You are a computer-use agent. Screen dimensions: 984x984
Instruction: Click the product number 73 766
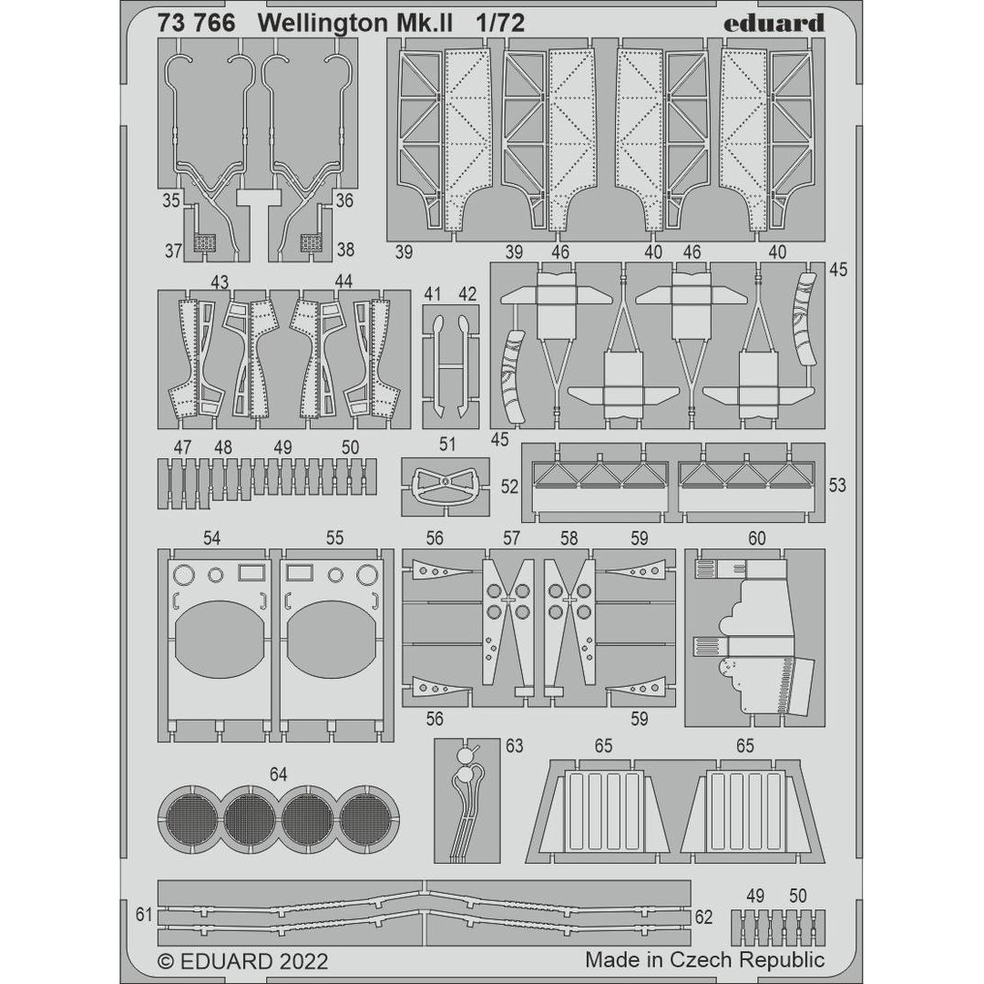click(196, 24)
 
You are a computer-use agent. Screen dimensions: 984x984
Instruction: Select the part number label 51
click(447, 445)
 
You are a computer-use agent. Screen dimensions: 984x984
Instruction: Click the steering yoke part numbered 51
click(444, 483)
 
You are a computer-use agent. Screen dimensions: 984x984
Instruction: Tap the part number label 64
click(278, 774)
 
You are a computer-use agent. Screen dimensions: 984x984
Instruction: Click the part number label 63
click(514, 746)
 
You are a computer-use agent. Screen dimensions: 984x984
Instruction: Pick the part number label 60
click(756, 538)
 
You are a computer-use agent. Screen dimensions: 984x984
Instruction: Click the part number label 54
click(211, 538)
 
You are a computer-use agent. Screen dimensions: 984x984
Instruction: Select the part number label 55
click(334, 538)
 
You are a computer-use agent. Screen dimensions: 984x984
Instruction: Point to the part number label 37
click(171, 249)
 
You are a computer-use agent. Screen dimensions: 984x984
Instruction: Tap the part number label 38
click(344, 249)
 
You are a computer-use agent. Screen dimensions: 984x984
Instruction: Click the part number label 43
click(219, 282)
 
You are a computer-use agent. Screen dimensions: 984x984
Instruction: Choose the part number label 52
click(509, 487)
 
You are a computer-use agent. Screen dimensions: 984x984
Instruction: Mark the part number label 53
click(836, 486)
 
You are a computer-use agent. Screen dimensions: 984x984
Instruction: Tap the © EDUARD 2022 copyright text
click(242, 961)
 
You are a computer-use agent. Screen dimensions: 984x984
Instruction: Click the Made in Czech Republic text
click(704, 959)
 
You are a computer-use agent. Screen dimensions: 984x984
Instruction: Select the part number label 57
click(511, 538)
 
